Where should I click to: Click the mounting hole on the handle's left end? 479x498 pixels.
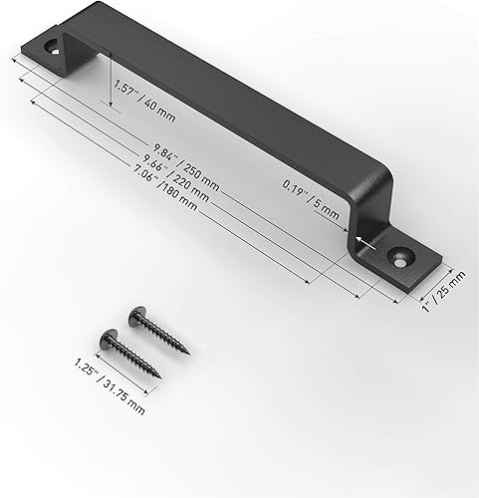point(50,46)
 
